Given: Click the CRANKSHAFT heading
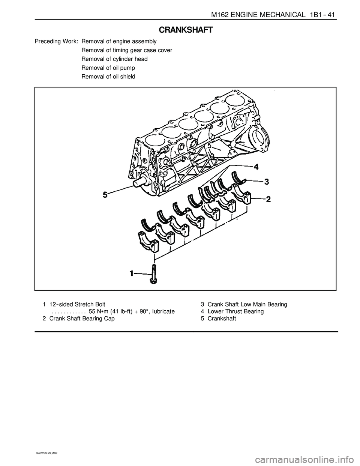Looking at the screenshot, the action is point(186,30).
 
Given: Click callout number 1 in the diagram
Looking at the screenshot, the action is point(132,273).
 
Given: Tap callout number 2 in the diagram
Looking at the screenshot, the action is point(268,200).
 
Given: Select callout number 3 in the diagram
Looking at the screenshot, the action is point(266,182).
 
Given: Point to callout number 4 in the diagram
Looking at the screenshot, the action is point(256,167).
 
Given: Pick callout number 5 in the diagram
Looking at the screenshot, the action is point(105,195).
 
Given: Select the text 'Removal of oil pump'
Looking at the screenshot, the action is point(108,68).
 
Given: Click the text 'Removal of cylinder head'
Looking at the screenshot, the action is point(115,59).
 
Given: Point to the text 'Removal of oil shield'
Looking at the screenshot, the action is point(108,77).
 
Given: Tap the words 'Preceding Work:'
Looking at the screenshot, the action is point(56,41).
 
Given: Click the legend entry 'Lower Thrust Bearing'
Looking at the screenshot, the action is point(235,311).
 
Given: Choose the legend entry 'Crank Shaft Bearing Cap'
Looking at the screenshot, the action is point(82,319).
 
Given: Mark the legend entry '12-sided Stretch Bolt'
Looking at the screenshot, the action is point(77,304).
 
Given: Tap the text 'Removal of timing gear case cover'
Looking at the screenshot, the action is point(127,50).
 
